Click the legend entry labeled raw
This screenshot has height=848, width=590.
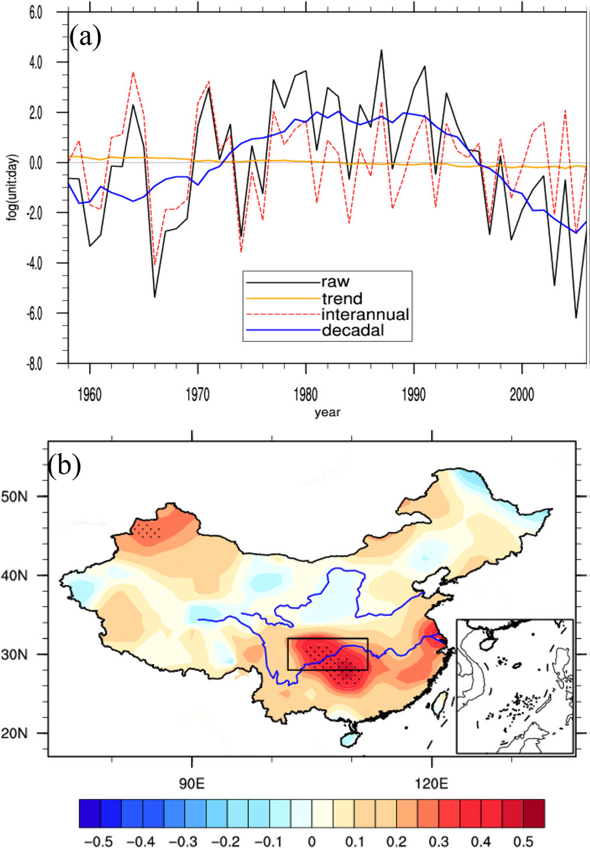(x=335, y=282)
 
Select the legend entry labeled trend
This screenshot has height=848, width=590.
(x=342, y=299)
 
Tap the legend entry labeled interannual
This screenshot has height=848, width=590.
(x=365, y=315)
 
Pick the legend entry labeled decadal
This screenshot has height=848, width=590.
(x=353, y=331)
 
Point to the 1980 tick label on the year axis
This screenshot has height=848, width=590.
(x=305, y=395)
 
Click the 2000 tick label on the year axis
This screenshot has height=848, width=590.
(x=522, y=395)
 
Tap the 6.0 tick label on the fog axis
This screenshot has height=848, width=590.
(x=36, y=12)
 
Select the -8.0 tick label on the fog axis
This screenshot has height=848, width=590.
(x=34, y=364)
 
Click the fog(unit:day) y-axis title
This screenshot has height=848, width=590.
(x=13, y=187)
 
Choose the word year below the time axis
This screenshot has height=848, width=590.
(x=327, y=413)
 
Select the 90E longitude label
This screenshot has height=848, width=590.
(x=192, y=783)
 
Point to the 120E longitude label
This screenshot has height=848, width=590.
(x=431, y=783)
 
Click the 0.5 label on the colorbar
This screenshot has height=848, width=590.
(x=523, y=841)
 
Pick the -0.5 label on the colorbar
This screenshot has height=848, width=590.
(x=99, y=841)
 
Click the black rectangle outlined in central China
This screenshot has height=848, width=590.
(x=328, y=654)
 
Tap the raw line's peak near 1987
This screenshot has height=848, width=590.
(x=381, y=50)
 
